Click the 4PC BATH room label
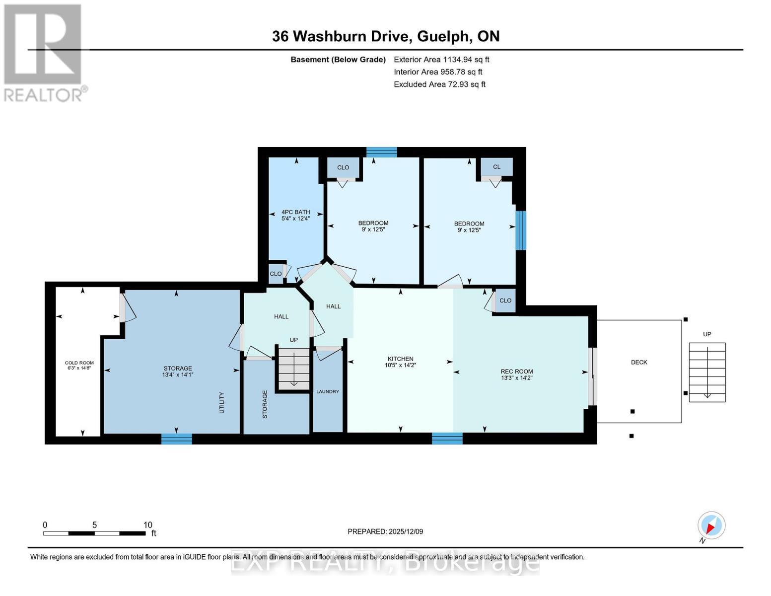pyautogui.click(x=295, y=212)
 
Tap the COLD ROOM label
pyautogui.click(x=79, y=363)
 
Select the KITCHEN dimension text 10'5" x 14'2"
pyautogui.click(x=400, y=365)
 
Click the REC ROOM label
pyautogui.click(x=516, y=371)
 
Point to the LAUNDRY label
pyautogui.click(x=328, y=391)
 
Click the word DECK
pyautogui.click(x=639, y=362)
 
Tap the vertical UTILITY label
pyautogui.click(x=222, y=402)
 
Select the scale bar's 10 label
pyautogui.click(x=147, y=525)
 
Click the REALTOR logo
pyautogui.click(x=44, y=52)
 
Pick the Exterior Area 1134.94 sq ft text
pyautogui.click(x=441, y=60)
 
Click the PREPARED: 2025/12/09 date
pyautogui.click(x=385, y=531)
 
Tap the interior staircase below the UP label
pyautogui.click(x=293, y=368)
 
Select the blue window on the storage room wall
pyautogui.click(x=176, y=439)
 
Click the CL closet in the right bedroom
pyautogui.click(x=496, y=167)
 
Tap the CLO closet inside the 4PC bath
pyautogui.click(x=276, y=274)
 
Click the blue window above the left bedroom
pyautogui.click(x=381, y=152)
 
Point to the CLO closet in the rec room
pyautogui.click(x=505, y=300)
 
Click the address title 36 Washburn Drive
pyautogui.click(x=341, y=36)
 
